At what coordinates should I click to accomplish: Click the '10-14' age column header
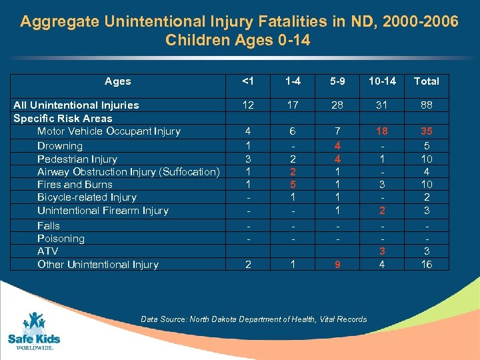[x=382, y=81]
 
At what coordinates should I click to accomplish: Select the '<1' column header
[x=248, y=81]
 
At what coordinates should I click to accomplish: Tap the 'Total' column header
[x=426, y=81]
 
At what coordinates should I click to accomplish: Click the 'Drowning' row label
[x=60, y=145]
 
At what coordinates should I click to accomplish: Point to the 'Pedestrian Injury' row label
[x=77, y=159]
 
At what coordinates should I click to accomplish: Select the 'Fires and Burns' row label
[x=75, y=184]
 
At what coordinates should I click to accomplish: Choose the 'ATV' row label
[x=47, y=251]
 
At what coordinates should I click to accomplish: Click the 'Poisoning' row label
[x=61, y=238]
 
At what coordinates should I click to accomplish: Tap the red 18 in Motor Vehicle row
[x=382, y=131]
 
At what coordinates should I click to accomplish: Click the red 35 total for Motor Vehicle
[x=426, y=131]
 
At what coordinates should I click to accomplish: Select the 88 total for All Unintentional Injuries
[x=426, y=105]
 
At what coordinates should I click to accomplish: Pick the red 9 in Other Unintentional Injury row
[x=337, y=264]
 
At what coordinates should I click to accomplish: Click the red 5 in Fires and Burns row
[x=293, y=184]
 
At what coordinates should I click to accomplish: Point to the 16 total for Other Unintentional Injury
[x=426, y=264]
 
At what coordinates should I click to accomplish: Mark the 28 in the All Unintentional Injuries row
[x=337, y=105]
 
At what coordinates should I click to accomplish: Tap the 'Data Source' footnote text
[x=253, y=319]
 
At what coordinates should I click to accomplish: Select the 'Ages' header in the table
[x=118, y=81]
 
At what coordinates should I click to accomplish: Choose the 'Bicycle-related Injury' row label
[x=87, y=197]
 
